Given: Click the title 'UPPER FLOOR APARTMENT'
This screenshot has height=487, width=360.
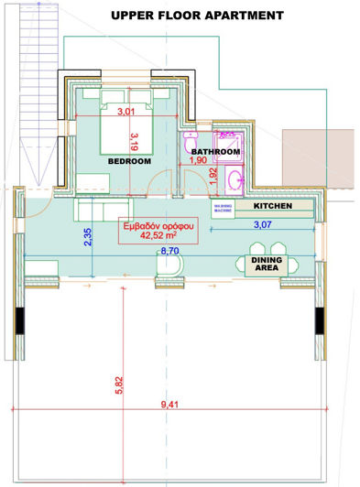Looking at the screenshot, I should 197,16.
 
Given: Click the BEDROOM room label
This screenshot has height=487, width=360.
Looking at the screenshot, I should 129,161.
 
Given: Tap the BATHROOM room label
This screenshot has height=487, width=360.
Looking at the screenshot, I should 215,151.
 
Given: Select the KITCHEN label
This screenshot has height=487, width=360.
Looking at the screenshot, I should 273,207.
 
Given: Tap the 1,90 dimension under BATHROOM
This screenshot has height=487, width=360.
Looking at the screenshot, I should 197,161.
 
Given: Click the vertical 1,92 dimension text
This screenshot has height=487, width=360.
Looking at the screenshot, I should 213,174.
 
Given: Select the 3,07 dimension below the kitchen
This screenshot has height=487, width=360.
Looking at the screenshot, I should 262,224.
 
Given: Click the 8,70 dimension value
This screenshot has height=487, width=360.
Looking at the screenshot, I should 169,248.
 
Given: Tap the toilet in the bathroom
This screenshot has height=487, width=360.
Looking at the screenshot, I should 189,141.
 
